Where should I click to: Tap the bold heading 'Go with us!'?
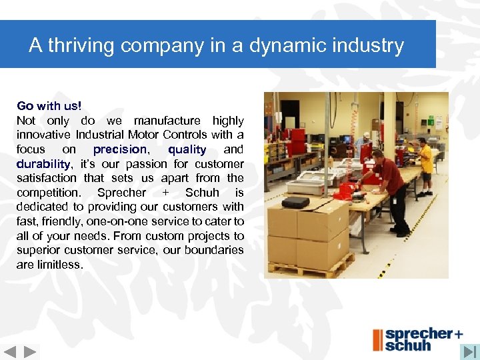[49, 106]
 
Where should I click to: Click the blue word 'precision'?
[120, 149]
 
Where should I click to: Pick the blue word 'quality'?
[187, 149]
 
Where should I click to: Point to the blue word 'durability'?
[43, 164]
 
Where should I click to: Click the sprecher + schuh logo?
[417, 339]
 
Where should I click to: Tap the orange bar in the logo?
[377, 339]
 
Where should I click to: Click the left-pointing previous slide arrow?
[10, 351]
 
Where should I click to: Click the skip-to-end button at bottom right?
[470, 351]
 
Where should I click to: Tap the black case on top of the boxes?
[295, 202]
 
